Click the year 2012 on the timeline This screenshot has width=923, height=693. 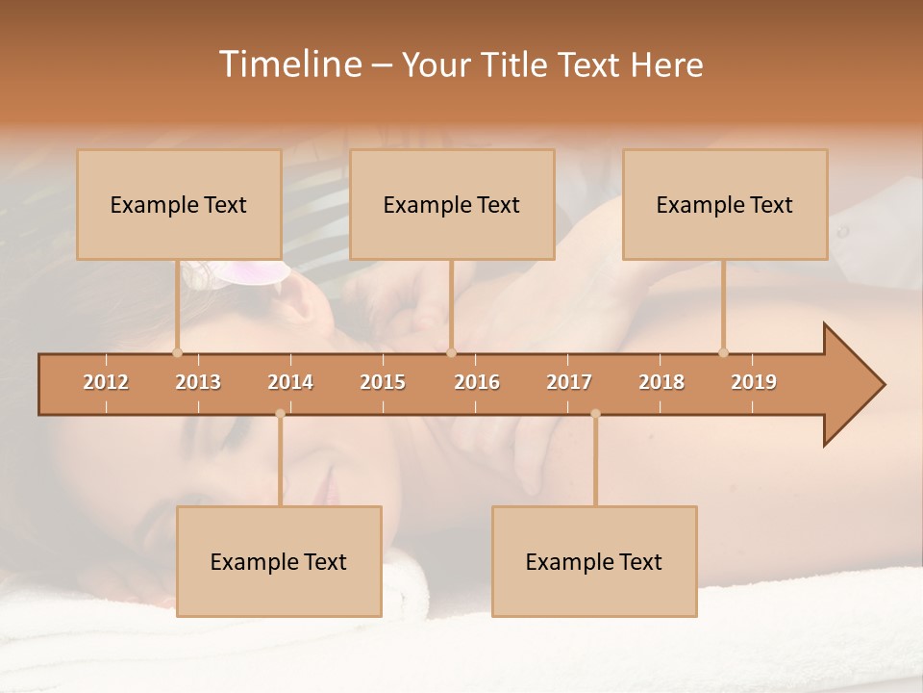pos(106,382)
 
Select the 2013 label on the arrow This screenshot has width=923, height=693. pos(198,382)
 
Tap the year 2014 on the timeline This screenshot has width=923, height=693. pos(290,382)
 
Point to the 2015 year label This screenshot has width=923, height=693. pos(383,382)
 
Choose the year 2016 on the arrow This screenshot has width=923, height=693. pos(477,382)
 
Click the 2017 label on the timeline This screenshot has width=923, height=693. pos(569,382)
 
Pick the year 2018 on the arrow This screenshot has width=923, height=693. pos(661,382)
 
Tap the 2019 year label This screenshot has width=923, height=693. pos(754,382)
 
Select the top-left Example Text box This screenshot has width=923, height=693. pos(179,204)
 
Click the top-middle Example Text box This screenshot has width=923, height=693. pos(452,204)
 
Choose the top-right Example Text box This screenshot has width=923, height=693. pos(725,204)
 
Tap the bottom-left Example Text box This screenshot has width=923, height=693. pos(279,561)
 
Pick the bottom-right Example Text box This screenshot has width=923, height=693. pos(594,561)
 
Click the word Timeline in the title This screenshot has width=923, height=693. pos(288,64)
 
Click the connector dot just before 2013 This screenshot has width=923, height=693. pos(177,352)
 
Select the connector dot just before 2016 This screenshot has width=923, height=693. pos(451,352)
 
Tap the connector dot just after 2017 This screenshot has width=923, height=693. pos(595,414)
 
